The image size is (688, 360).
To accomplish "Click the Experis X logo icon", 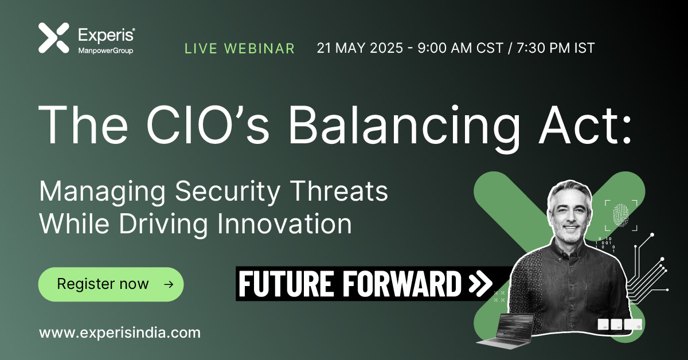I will pos(53,38).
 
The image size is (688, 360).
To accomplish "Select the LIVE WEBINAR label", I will pos(240,48).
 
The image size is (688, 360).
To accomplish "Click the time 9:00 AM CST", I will pos(464,48).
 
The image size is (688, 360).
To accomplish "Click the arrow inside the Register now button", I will pos(168,284).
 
